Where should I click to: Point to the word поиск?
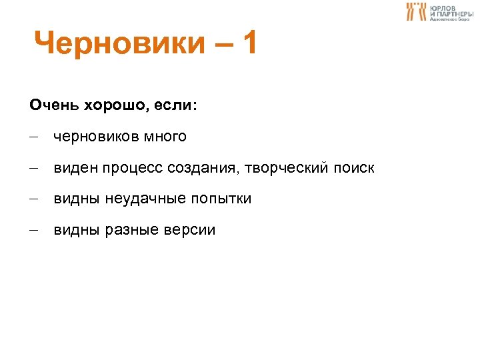(x=351, y=169)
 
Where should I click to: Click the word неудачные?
(x=145, y=199)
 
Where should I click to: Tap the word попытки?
(x=221, y=199)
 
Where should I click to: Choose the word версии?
(x=189, y=231)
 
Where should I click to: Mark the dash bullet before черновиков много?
(x=33, y=138)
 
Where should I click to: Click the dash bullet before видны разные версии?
(x=33, y=231)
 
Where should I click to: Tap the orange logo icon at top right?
(x=416, y=11)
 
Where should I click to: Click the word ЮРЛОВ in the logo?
(x=443, y=7)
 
